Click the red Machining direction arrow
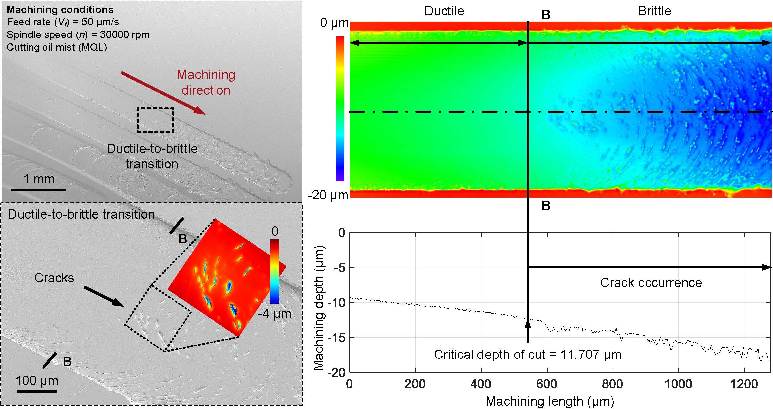tap(163, 93)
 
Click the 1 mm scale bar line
tap(39, 190)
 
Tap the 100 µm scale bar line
tap(37, 391)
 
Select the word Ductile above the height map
tap(444, 11)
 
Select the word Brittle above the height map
tap(654, 11)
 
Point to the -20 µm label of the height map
tap(328, 195)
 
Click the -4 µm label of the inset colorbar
tap(274, 314)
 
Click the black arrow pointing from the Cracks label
tap(103, 296)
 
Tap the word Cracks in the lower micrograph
tap(54, 278)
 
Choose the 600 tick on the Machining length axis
tap(547, 384)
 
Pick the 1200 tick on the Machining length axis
tap(744, 384)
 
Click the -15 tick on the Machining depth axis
tap(337, 338)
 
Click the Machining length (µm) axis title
tap(550, 401)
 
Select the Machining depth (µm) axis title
tap(319, 308)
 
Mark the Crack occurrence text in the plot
tap(651, 283)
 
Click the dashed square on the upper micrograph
tap(156, 120)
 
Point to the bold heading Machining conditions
tap(60, 9)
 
